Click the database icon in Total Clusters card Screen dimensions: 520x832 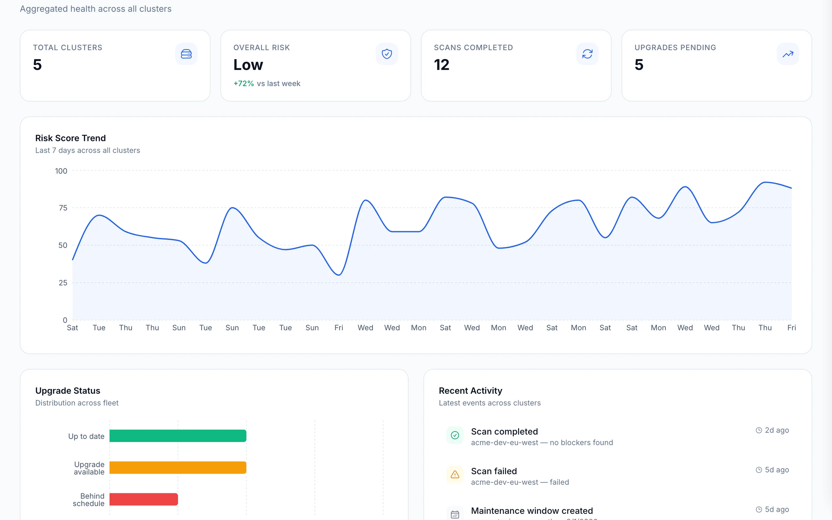[186, 54]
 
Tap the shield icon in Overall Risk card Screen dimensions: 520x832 [387, 54]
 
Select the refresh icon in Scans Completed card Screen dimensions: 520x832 [587, 54]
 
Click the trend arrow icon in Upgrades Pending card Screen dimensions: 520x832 [788, 54]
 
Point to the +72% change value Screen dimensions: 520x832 [243, 84]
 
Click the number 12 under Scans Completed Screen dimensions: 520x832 [441, 65]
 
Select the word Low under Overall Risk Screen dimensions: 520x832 [248, 65]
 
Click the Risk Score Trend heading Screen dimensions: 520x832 [71, 138]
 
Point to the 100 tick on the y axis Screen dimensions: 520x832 [61, 171]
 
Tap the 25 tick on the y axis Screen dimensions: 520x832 [63, 283]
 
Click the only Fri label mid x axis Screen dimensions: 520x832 [339, 328]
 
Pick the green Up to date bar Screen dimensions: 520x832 [178, 436]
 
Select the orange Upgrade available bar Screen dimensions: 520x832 [178, 467]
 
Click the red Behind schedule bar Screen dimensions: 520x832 [144, 499]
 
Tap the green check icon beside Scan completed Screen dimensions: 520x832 [455, 435]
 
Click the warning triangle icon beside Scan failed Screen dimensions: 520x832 [455, 475]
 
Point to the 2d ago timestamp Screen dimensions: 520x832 [776, 430]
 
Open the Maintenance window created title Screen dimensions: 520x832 [532, 510]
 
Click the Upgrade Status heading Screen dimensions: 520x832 [68, 391]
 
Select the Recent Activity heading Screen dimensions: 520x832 [470, 391]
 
